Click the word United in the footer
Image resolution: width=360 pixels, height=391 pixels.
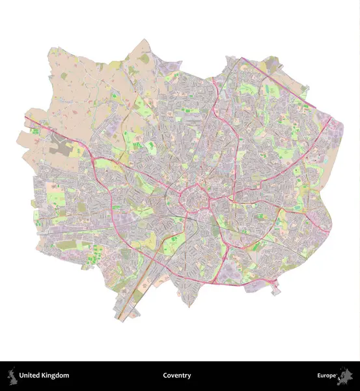[x=31, y=375]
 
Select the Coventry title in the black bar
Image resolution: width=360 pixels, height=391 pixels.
[x=177, y=375]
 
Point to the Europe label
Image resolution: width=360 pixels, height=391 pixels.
[x=327, y=375]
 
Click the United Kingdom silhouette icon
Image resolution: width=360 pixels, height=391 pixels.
[x=11, y=375]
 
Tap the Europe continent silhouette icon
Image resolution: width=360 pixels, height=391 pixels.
[x=346, y=375]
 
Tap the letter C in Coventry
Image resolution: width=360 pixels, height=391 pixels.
[x=165, y=375]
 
